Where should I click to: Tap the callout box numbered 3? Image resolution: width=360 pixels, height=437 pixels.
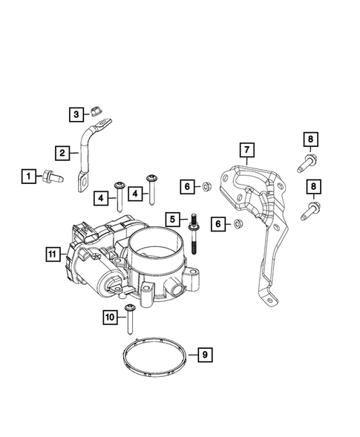point(76,114)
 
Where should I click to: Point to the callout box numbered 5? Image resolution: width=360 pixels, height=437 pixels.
point(172,219)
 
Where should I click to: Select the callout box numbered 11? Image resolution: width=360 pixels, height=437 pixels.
point(51,254)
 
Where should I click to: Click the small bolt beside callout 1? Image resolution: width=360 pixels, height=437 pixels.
point(54,177)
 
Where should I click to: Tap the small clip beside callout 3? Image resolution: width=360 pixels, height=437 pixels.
point(94,113)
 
